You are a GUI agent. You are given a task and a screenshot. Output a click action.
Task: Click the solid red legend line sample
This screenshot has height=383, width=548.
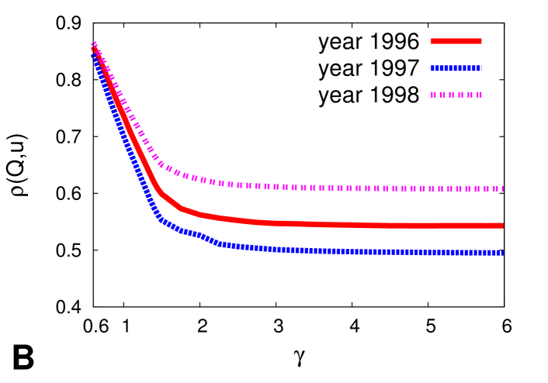click(456, 41)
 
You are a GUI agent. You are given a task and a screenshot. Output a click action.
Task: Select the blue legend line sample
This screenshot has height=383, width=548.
click(456, 68)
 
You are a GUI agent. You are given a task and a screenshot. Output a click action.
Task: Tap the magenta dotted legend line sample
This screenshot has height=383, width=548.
click(456, 95)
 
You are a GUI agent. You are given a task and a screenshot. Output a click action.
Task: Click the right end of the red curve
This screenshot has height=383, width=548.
click(502, 226)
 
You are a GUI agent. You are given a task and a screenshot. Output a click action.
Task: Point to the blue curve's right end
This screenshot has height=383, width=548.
click(502, 253)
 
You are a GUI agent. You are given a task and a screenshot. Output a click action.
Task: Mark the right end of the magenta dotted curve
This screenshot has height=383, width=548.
click(501, 188)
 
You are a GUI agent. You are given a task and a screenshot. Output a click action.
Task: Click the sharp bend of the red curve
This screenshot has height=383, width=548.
click(159, 190)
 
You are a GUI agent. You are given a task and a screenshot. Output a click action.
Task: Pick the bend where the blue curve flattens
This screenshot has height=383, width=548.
click(159, 218)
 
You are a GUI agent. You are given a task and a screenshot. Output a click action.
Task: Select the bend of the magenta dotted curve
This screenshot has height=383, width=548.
click(161, 164)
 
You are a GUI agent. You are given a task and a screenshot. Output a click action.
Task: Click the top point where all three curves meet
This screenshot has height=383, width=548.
click(94, 47)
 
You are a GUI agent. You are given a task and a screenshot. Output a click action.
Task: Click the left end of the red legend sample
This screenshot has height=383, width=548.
click(432, 41)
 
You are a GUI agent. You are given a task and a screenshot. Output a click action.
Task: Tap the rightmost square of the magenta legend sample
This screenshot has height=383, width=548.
click(479, 95)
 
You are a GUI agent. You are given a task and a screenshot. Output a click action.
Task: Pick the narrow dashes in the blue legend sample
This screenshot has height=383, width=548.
click(466, 68)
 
